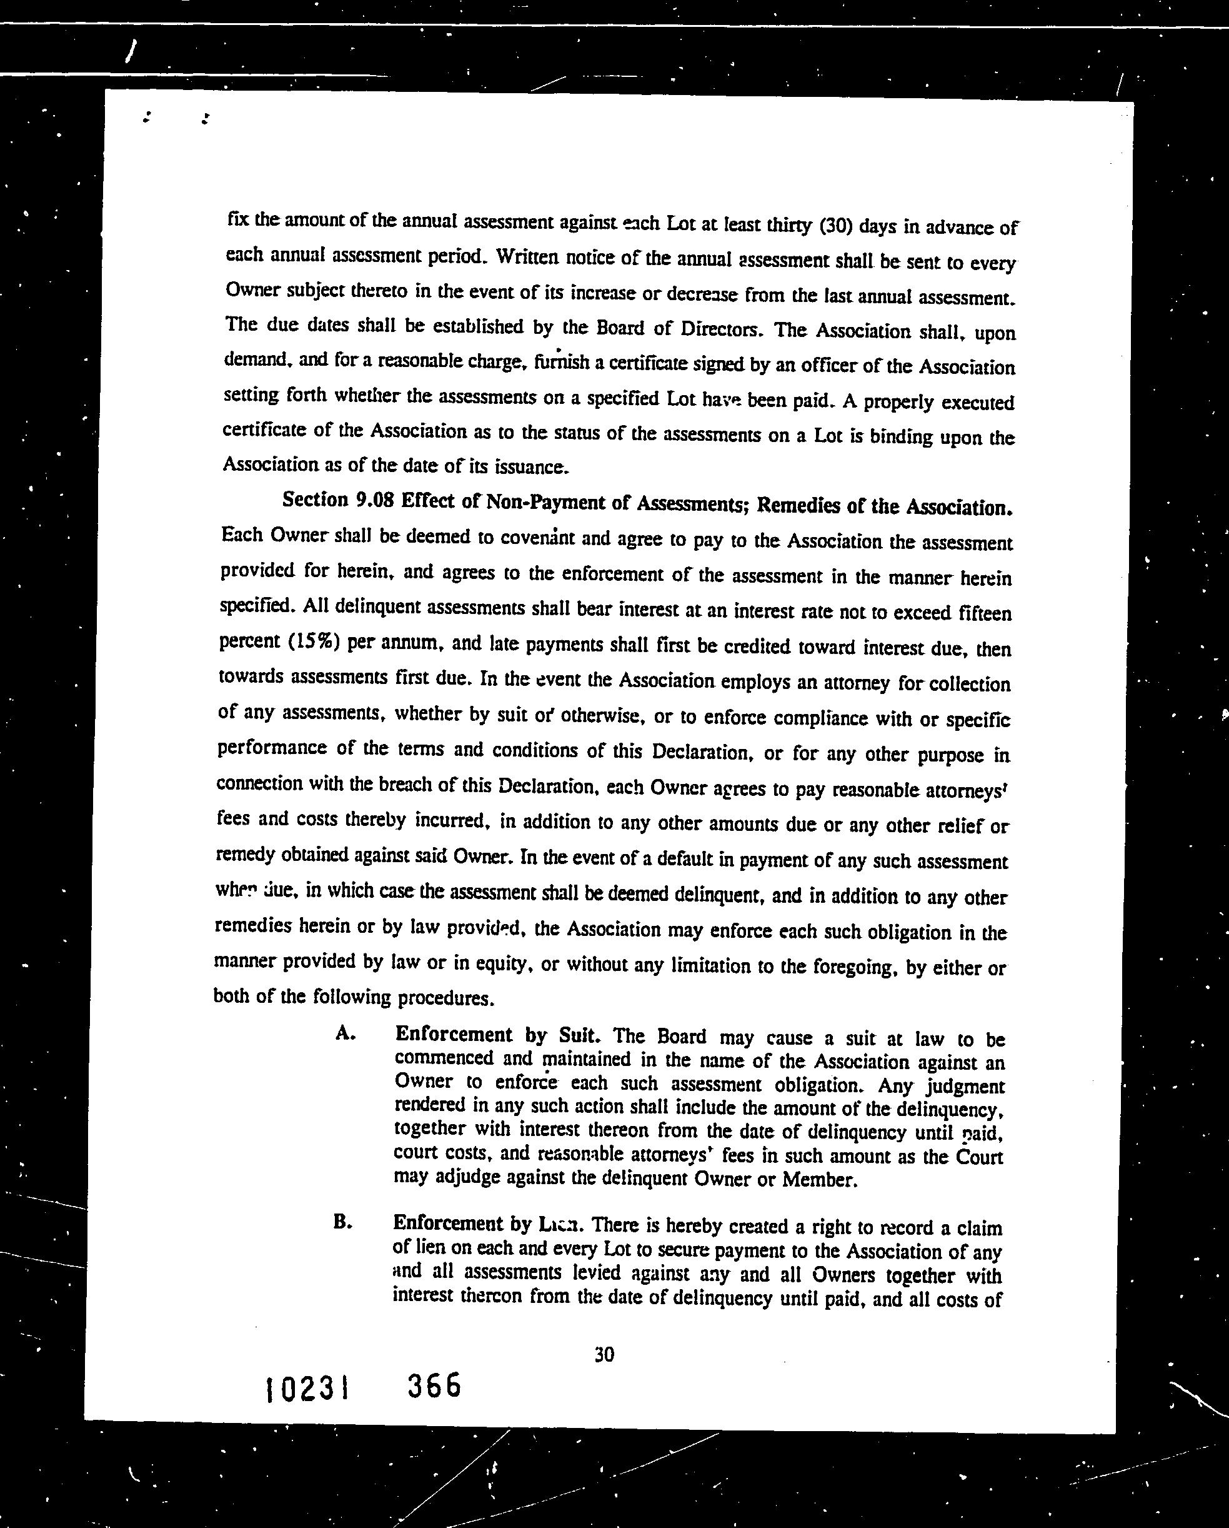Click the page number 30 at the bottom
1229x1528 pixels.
(x=604, y=1354)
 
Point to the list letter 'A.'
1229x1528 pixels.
(x=345, y=1033)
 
